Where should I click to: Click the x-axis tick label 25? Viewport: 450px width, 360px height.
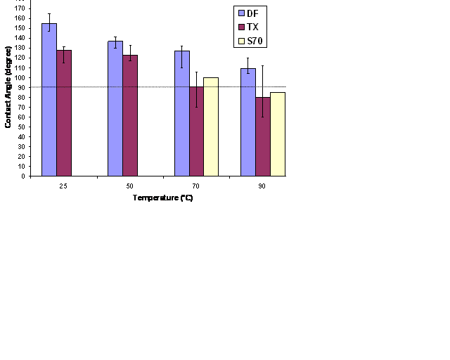coord(63,186)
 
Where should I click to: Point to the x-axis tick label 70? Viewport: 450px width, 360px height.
coord(196,186)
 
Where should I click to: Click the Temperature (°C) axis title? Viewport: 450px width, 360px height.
coord(162,198)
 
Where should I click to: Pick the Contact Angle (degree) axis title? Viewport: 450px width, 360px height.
coord(8,92)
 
